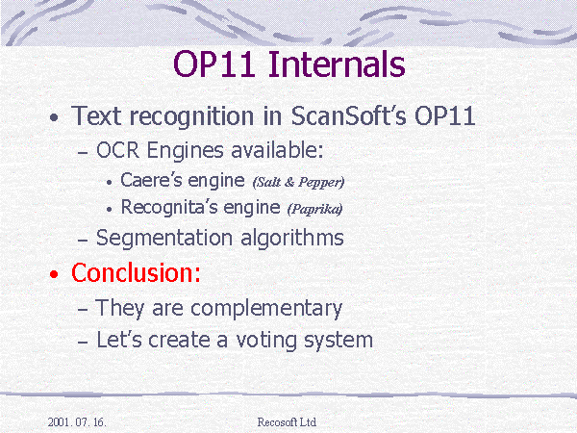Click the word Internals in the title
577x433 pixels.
[x=337, y=64]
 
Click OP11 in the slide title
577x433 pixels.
[x=214, y=64]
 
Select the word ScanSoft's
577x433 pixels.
[x=349, y=116]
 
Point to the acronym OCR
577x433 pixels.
[x=117, y=150]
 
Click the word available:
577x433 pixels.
[x=278, y=150]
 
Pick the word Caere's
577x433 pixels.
[x=151, y=180]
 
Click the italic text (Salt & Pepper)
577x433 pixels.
[x=298, y=182]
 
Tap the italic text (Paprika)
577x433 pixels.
[x=315, y=209]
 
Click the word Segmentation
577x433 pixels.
[x=164, y=239]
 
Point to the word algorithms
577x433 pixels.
[x=292, y=238]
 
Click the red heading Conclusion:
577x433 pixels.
[x=136, y=273]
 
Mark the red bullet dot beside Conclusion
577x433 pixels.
[x=54, y=274]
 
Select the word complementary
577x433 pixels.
[x=266, y=309]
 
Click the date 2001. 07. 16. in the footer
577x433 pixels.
[x=77, y=422]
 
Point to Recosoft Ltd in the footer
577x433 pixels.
[x=287, y=422]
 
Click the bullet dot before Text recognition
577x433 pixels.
[x=54, y=117]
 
